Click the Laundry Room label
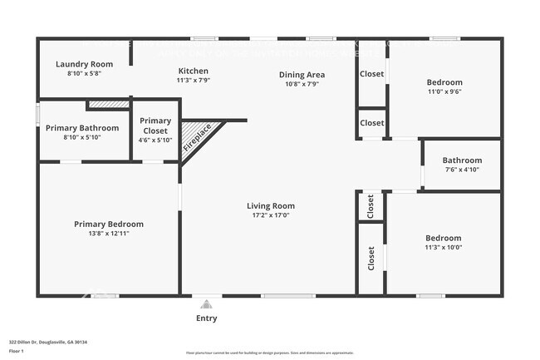pos(84,64)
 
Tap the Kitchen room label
pos(193,71)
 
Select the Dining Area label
pos(301,74)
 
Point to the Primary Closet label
pos(155,126)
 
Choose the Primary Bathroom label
pos(82,128)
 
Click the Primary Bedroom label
pos(108,224)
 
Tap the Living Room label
pos(271,205)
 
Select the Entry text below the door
pos(207,318)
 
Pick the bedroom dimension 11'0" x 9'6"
pos(444,93)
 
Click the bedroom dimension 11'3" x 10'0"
pos(443,247)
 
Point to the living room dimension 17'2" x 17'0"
pos(271,215)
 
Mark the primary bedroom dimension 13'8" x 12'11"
pos(108,234)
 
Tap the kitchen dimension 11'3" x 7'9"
pos(193,81)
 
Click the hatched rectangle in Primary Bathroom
pos(108,105)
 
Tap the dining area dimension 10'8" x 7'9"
pos(301,84)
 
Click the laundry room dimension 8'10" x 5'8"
pos(84,74)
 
